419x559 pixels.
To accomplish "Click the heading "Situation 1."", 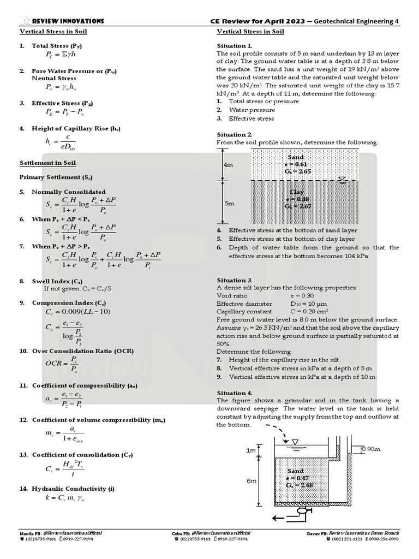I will point(235,46).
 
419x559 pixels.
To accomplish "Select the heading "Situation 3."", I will point(235,280).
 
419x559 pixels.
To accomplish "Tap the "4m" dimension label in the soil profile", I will point(228,164).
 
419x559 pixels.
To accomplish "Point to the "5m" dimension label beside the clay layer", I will point(229,203).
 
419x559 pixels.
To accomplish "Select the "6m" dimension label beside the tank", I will point(252,481).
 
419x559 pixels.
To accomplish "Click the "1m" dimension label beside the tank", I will point(251,450).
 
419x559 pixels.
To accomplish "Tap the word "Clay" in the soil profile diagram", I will point(297,192).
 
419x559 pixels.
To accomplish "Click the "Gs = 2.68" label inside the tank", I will point(300,485).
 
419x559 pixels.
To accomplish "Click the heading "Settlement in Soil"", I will point(48,163).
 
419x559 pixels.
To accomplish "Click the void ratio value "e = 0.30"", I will point(304,295).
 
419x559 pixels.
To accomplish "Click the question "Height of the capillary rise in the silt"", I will point(284,360).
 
